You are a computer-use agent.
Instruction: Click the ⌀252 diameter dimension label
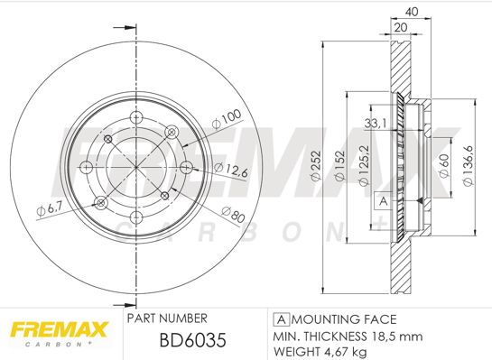316,166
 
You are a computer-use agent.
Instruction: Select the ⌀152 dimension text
340,166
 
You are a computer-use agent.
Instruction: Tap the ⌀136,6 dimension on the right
469,166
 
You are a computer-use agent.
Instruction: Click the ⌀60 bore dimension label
444,166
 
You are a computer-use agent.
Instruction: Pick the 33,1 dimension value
376,124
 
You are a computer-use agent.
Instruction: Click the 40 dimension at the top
412,12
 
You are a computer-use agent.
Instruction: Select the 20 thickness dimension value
401,28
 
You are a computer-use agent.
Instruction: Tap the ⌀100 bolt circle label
227,119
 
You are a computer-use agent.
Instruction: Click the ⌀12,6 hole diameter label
231,170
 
